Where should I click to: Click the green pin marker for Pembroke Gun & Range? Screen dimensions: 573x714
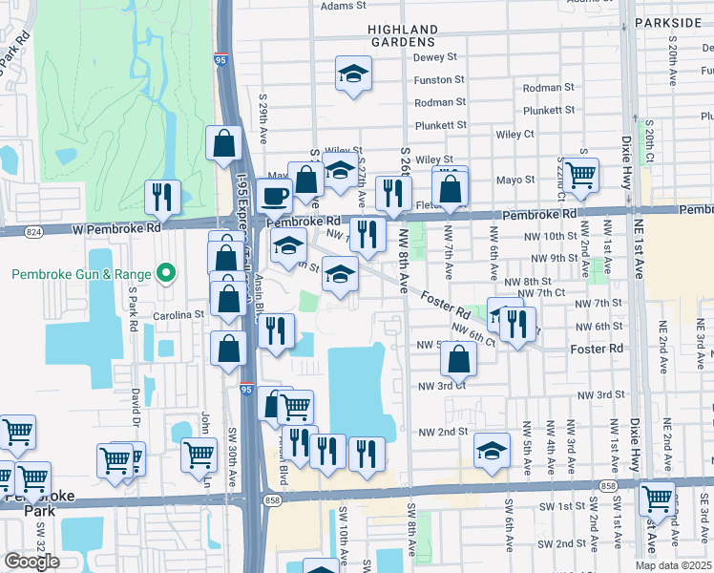(166, 275)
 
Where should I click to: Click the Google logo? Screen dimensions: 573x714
(31, 562)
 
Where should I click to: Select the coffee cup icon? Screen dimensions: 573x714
(275, 196)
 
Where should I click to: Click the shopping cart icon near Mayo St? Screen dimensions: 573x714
(580, 175)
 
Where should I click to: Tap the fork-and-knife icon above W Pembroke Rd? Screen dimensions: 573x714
(162, 197)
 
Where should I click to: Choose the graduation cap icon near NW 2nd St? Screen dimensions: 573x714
(491, 449)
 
